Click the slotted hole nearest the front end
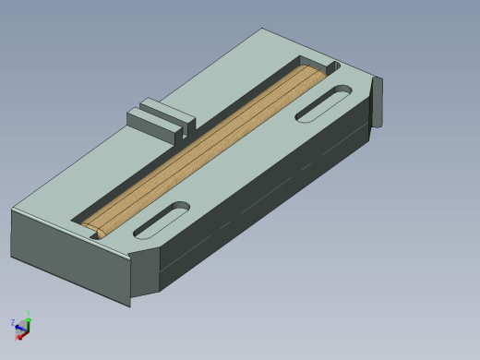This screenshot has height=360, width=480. point(162,220)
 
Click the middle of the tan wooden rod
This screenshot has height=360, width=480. point(203,148)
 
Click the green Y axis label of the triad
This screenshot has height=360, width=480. point(28,314)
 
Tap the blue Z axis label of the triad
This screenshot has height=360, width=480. point(13,323)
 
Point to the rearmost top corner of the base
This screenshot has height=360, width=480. point(264,30)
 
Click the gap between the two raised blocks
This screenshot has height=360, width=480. point(179,127)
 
